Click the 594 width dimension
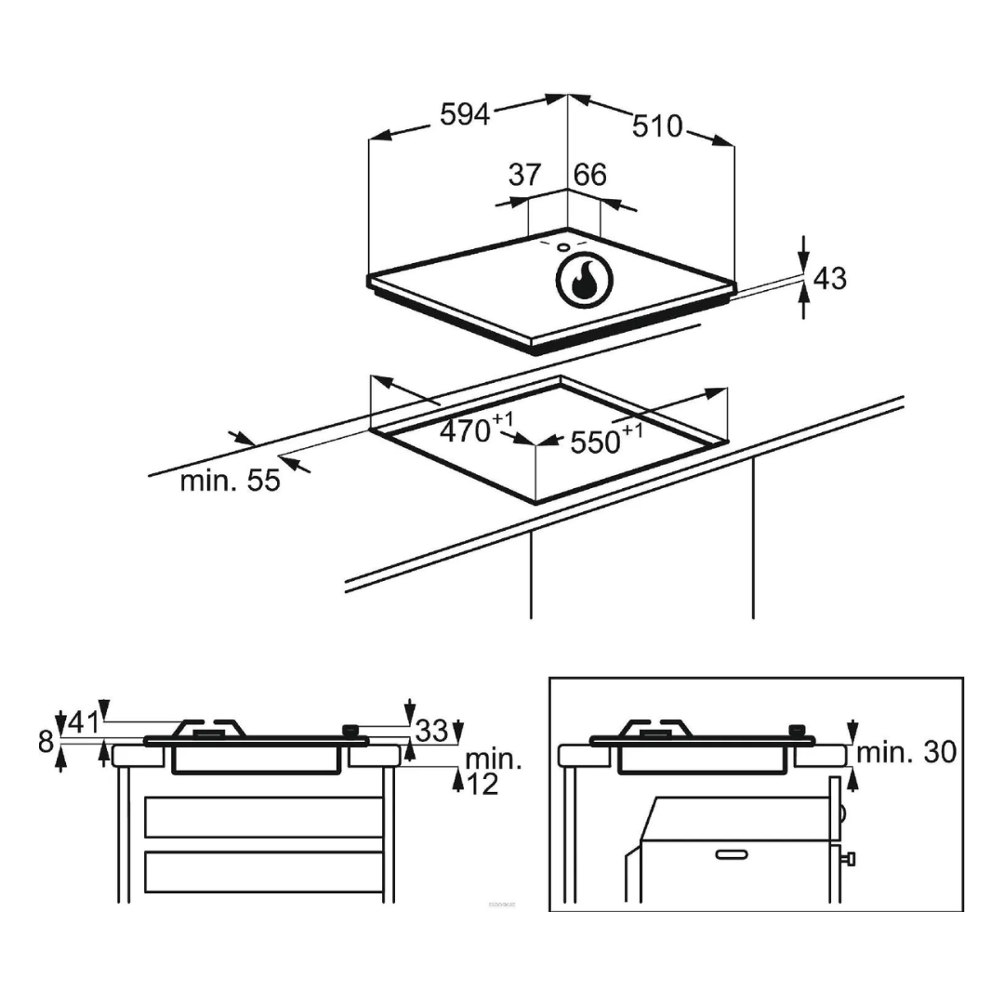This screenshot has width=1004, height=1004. pos(464,114)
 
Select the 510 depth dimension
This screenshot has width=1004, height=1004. pos(657,125)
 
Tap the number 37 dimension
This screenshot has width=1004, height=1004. pos(525,174)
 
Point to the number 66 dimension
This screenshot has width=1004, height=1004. pos(589,174)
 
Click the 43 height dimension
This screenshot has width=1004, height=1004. pos(829,278)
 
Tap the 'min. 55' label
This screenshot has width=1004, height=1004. pos(230,481)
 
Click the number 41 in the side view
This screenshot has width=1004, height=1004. pos(83,722)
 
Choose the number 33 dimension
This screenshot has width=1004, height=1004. pos(431,731)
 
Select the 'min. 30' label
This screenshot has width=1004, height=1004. pos(905,752)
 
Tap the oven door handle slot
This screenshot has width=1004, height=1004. pos(732,852)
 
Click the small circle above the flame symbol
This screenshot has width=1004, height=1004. pos(563,248)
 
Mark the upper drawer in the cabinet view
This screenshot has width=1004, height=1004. pos(264,816)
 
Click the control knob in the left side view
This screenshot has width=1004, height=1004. pos(350,730)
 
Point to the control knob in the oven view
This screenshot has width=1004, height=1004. pos(796,730)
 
